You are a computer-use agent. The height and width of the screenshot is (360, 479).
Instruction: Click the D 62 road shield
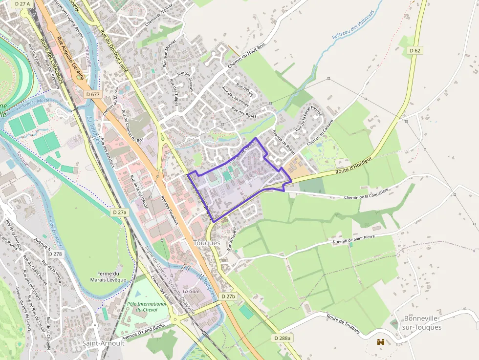415,50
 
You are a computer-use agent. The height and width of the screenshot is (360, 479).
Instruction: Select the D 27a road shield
119,212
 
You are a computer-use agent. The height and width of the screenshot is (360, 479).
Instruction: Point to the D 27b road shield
228,296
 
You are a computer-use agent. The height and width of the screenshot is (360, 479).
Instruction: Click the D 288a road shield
282,338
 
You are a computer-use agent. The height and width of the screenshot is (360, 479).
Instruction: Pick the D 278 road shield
56,254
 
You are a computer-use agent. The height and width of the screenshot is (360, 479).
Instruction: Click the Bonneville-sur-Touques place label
422,322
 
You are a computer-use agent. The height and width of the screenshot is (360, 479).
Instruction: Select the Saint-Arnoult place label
103,343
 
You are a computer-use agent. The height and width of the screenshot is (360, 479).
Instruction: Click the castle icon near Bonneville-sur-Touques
380,342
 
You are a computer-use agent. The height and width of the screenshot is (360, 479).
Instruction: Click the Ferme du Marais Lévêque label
108,276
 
